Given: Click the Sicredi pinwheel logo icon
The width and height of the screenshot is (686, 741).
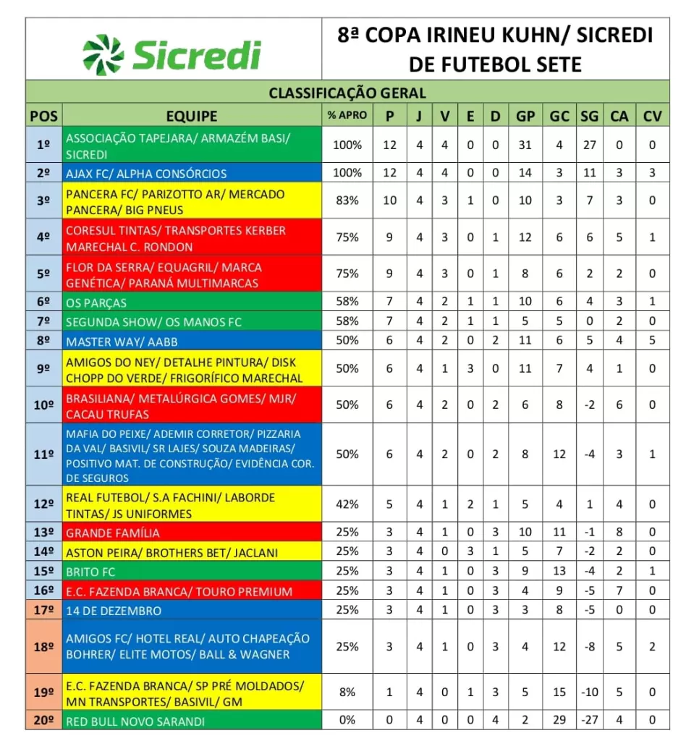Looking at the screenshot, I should tap(103, 54).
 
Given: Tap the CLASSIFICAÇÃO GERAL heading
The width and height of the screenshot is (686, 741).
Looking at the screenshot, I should tap(347, 93).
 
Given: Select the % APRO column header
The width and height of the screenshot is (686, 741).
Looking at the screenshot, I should tap(347, 115).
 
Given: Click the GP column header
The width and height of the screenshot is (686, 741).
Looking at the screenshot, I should tap(525, 116).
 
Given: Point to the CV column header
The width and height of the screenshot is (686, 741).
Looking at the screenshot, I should tap(652, 116).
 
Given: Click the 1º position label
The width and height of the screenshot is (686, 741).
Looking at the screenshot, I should tap(44, 145).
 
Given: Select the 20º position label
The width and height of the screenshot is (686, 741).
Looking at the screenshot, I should tap(44, 721).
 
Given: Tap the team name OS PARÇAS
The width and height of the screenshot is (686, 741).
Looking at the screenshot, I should tap(96, 303).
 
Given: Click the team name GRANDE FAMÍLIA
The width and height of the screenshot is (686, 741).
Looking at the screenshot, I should tap(112, 533).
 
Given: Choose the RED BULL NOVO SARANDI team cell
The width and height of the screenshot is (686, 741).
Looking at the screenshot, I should tap(135, 721).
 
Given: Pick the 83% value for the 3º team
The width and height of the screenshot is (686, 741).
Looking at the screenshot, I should tap(347, 200).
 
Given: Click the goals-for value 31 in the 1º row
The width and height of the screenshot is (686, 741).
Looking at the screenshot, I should tap(525, 145).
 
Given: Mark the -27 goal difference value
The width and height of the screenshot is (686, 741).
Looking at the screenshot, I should tap(590, 721).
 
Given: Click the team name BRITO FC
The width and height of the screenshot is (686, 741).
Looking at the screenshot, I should tap(90, 572).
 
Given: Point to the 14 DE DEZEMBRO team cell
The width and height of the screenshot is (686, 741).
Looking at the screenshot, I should tap(114, 611).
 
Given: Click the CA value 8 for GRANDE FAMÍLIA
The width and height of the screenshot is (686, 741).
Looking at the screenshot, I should tap(619, 533).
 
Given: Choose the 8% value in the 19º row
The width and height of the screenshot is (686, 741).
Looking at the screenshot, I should tap(347, 693).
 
